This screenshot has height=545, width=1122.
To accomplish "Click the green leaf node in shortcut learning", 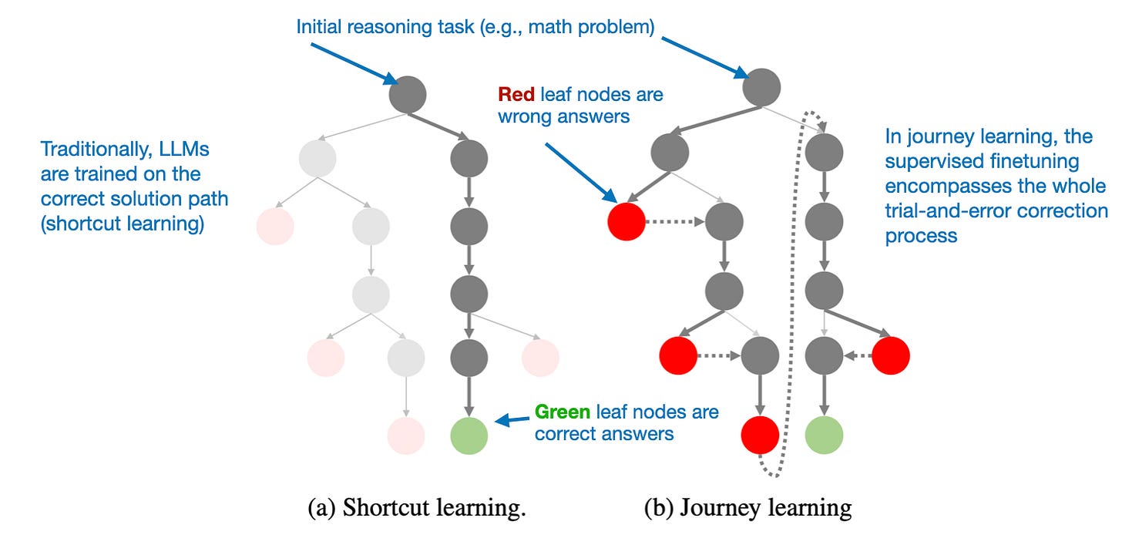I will point(469,435).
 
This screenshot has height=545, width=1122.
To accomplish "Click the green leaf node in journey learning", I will point(824,435).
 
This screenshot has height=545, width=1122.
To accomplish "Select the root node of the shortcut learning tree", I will point(408,94).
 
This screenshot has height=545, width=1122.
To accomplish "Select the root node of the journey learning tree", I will point(761,87).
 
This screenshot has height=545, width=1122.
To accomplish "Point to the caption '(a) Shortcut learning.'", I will point(416,509).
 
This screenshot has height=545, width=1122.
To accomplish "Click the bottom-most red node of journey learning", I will point(760,435).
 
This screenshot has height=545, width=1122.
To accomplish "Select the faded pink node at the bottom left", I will point(407,435).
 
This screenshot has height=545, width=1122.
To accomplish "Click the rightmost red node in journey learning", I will point(891,355).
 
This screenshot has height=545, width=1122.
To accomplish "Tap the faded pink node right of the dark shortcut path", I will point(539,355).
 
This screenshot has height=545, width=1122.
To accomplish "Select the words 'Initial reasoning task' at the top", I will point(378,28).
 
